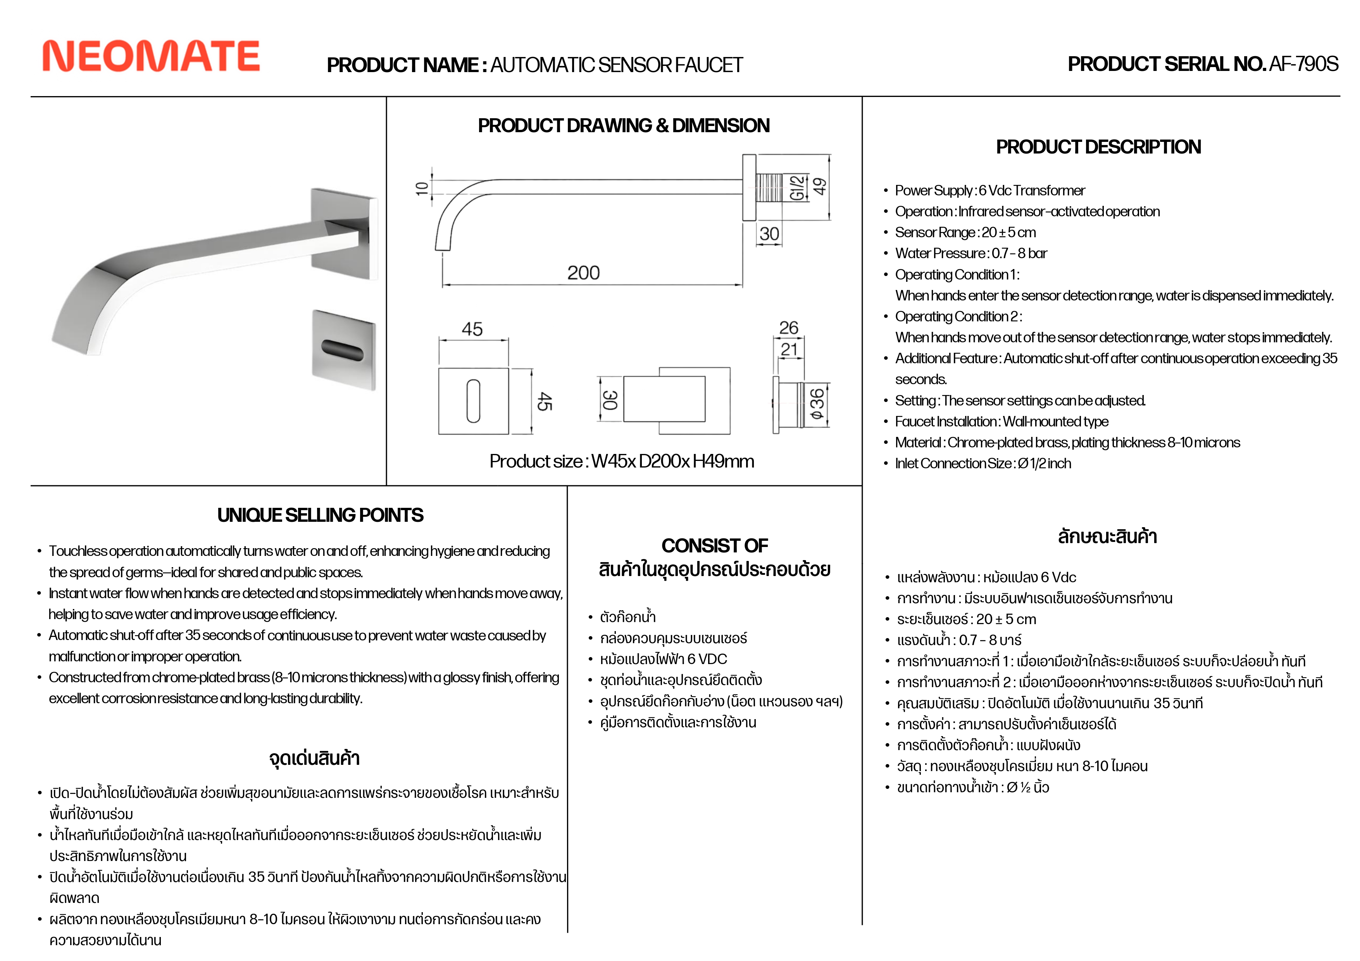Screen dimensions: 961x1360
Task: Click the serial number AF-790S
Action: point(1303,64)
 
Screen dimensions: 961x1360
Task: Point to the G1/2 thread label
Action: point(797,187)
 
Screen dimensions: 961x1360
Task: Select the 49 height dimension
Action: point(819,186)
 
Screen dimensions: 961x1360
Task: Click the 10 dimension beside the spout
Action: point(422,188)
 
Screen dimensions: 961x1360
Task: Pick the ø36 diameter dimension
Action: point(817,405)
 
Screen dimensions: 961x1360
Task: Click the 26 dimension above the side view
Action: point(788,328)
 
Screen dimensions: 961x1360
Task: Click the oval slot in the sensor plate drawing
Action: point(473,401)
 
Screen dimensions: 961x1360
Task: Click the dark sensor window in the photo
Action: point(342,350)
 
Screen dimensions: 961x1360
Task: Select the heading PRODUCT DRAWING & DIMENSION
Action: point(624,126)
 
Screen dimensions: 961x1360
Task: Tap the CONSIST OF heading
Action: point(714,545)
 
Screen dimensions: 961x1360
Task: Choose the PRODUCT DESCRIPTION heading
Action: point(1098,147)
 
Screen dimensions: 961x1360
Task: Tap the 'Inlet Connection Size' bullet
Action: point(983,463)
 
